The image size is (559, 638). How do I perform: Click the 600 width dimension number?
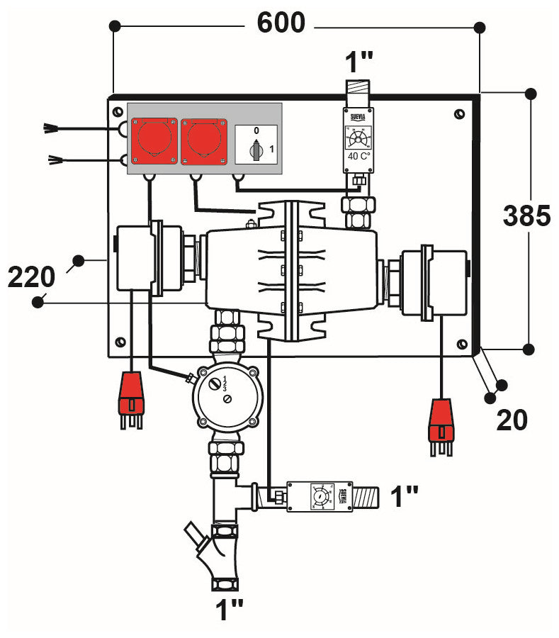coord(281,23)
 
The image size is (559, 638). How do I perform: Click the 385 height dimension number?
coord(526,216)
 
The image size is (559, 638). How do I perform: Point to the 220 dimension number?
coord(31,276)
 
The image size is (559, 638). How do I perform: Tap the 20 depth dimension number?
coord(512,420)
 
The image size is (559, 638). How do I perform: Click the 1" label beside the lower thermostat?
coord(405,496)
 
